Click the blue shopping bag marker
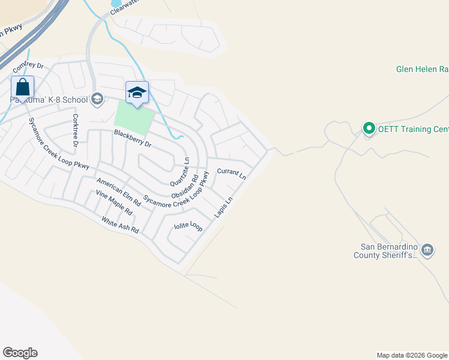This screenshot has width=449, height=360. (22, 88)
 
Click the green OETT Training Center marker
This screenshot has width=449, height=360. (369, 128)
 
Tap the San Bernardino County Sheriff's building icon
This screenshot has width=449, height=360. (427, 250)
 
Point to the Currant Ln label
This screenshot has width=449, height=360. (232, 174)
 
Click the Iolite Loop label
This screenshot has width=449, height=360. (188, 226)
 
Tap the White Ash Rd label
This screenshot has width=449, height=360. (120, 225)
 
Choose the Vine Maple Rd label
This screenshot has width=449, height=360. (114, 203)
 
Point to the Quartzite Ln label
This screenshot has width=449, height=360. (180, 172)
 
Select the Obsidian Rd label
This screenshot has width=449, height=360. (185, 188)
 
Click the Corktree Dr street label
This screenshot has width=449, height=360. (76, 130)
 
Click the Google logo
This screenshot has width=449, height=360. (20, 353)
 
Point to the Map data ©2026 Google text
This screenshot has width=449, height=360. (412, 355)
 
